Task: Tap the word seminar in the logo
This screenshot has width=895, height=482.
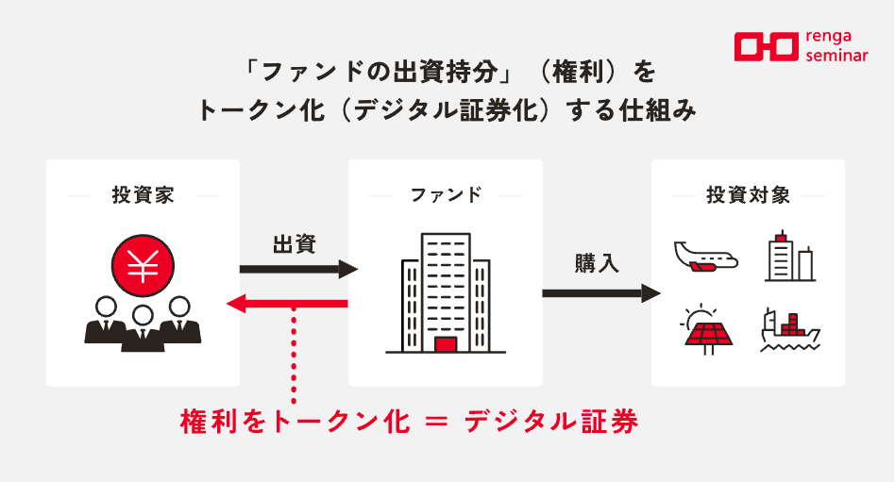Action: click(x=839, y=56)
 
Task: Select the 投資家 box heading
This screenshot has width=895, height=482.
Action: click(x=143, y=196)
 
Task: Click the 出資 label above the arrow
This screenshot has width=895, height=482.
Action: click(x=295, y=244)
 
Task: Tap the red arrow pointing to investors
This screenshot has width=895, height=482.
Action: click(x=288, y=304)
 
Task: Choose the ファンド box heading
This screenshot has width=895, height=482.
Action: click(x=446, y=196)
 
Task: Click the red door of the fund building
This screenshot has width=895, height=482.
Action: click(x=445, y=344)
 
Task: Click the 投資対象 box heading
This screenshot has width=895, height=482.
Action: click(x=749, y=196)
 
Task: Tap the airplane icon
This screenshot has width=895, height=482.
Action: click(x=705, y=256)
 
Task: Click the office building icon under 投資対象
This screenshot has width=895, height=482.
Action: click(x=788, y=256)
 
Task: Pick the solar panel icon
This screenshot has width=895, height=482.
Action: click(x=705, y=327)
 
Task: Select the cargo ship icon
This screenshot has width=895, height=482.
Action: click(x=788, y=329)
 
